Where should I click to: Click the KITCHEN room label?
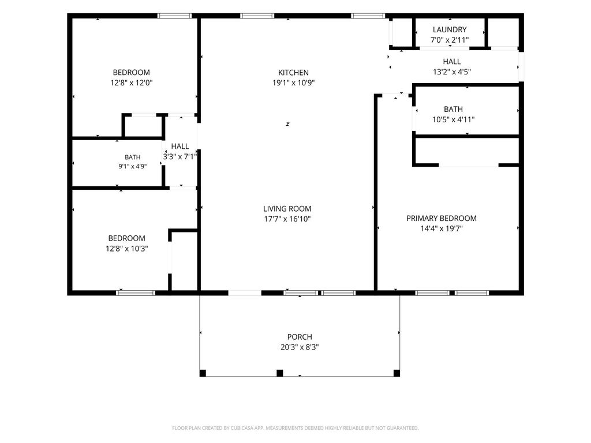[x=293, y=72]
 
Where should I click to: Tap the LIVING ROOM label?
[x=287, y=209]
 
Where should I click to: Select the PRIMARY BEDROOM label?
[x=442, y=218]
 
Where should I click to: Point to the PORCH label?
[x=300, y=337]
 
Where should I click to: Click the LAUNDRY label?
[x=450, y=29]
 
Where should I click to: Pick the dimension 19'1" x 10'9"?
[x=294, y=83]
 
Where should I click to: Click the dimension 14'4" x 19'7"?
[x=442, y=228]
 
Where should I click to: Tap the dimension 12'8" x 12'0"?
[x=132, y=83]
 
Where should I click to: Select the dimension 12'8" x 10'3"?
[x=126, y=249]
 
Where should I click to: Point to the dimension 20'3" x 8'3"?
[x=300, y=347]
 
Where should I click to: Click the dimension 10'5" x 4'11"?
[x=454, y=120]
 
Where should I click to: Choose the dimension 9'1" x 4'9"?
[x=133, y=166]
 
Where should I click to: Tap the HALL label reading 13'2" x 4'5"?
[x=452, y=61]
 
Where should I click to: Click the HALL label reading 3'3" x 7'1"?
[x=180, y=146]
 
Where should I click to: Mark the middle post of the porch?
[x=280, y=373]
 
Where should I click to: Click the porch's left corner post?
[x=203, y=373]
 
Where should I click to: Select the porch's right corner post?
[x=397, y=373]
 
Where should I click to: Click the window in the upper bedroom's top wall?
[x=174, y=16]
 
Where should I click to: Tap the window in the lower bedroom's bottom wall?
[x=136, y=292]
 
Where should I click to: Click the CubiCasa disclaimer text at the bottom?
[x=295, y=428]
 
